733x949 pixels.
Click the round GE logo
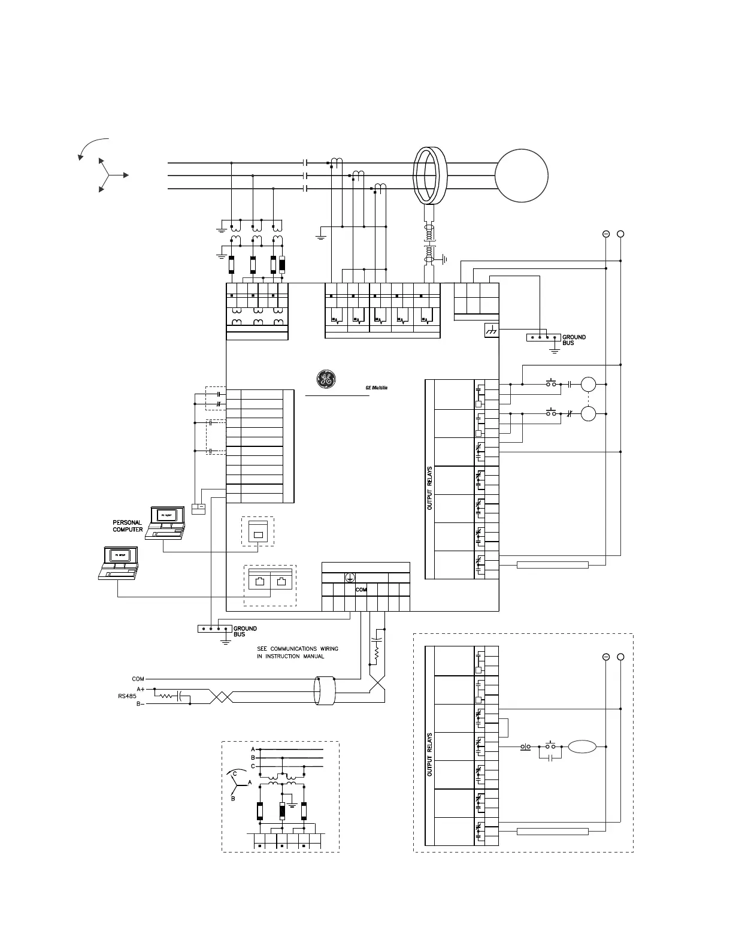(326, 379)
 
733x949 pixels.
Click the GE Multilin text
(377, 388)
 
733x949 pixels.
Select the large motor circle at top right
(522, 176)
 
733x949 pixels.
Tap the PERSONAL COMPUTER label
(128, 526)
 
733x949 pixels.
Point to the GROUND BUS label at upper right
(574, 340)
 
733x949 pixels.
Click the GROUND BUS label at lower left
(245, 631)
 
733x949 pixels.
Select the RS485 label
(126, 697)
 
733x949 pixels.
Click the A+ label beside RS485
(140, 689)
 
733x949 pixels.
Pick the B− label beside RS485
(140, 704)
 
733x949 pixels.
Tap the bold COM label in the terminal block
(361, 590)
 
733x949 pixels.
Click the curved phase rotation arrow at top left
(92, 147)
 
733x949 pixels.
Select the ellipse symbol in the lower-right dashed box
(582, 746)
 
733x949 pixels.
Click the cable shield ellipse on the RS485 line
(326, 691)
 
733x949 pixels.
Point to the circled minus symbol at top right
(606, 234)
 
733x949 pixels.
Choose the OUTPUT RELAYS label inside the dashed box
(429, 755)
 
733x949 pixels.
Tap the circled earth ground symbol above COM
(350, 578)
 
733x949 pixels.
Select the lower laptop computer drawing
(119, 563)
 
